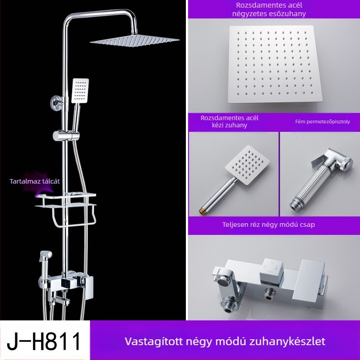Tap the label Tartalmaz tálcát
(x=35, y=181)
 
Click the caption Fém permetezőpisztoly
(x=322, y=121)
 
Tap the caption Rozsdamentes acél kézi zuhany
(x=229, y=121)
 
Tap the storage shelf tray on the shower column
(x=67, y=198)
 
